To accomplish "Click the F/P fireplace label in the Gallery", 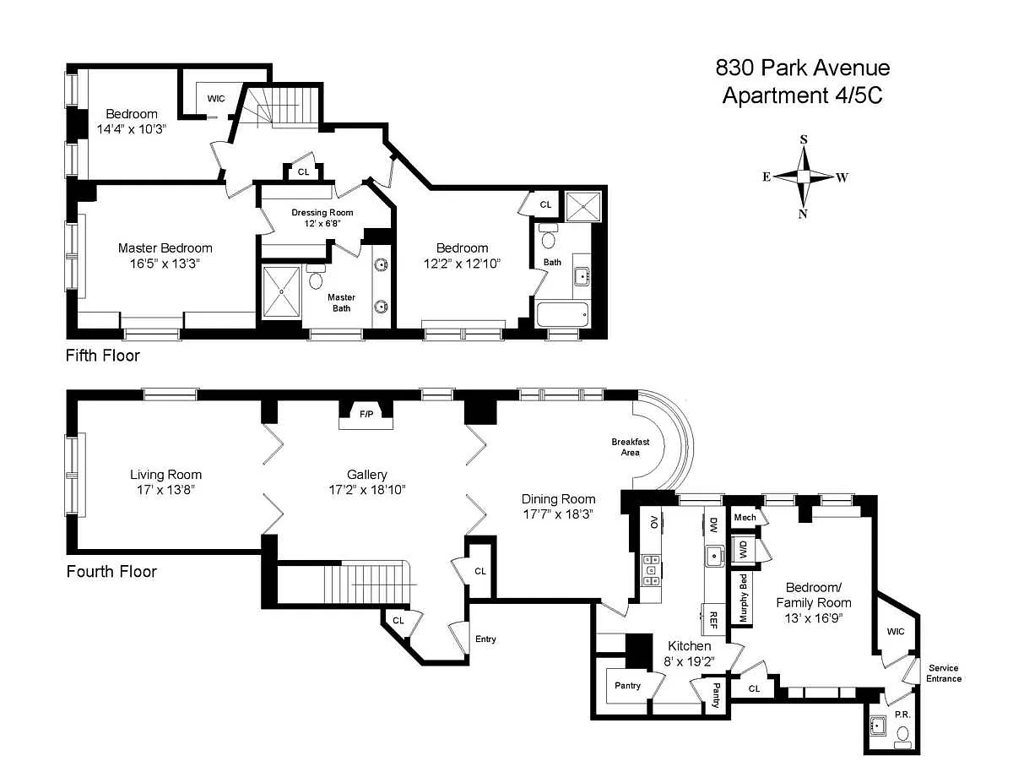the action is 366,414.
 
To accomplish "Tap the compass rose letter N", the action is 802,214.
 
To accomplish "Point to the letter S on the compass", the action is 803,139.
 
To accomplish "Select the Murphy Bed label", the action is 743,598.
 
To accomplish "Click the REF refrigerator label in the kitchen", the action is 712,620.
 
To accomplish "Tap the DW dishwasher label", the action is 713,525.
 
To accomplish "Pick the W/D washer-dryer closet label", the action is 743,550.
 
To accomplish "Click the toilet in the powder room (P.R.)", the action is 902,735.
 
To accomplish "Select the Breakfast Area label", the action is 631,447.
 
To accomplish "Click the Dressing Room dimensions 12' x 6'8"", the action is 322,223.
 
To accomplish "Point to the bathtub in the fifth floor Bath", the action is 562,314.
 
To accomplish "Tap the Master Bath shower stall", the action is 282,291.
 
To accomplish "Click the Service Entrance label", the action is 944,673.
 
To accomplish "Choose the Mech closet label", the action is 745,517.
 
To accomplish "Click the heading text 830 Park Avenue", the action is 803,68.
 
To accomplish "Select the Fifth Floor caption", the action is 102,356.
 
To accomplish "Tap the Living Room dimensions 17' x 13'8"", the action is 166,490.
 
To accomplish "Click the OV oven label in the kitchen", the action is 653,522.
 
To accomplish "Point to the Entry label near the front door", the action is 485,639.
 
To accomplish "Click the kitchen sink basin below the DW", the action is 713,556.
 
